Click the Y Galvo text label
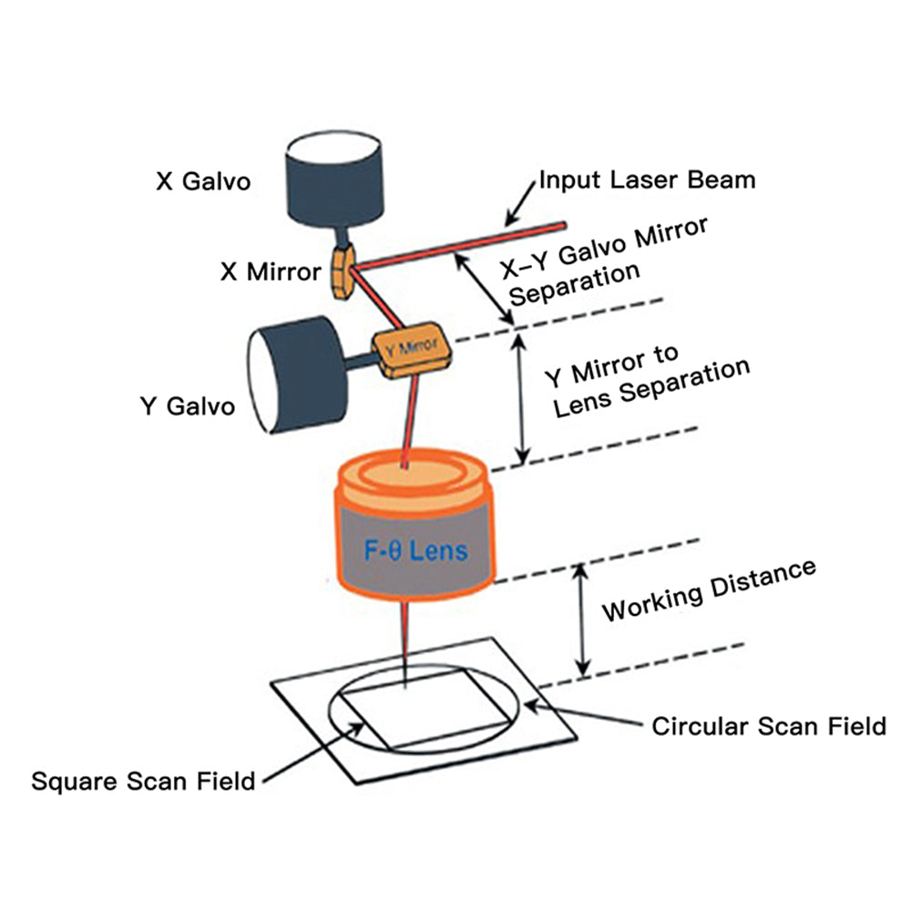186,405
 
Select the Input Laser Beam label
647,179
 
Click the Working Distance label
708,590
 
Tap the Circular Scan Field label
768,726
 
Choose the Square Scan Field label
143,781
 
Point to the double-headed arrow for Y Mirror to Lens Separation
521,397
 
